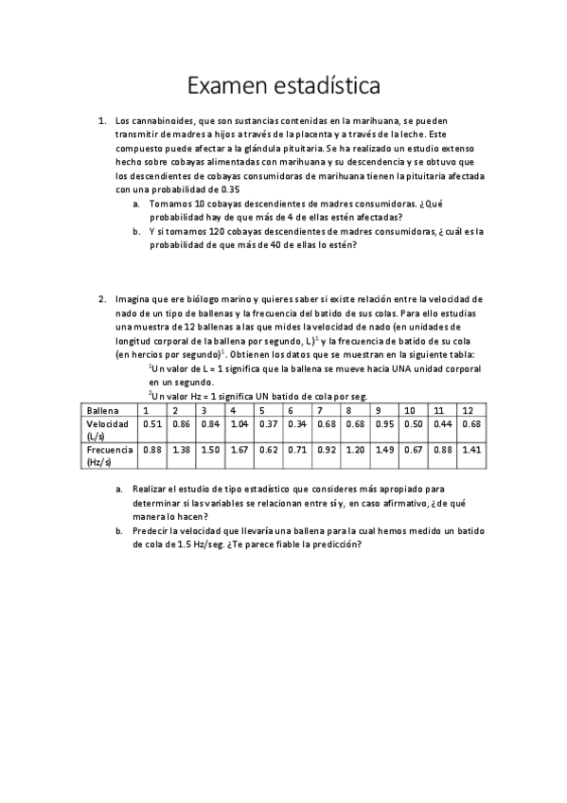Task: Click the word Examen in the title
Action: coord(224,86)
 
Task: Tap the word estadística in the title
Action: coord(326,86)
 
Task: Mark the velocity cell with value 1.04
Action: coord(239,424)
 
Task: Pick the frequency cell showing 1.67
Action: coord(239,451)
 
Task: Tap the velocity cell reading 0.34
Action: coord(297,424)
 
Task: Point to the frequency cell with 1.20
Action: coord(355,451)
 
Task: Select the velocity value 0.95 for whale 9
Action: coord(384,424)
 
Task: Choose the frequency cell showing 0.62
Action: coord(268,451)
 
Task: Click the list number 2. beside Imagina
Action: coord(103,299)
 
